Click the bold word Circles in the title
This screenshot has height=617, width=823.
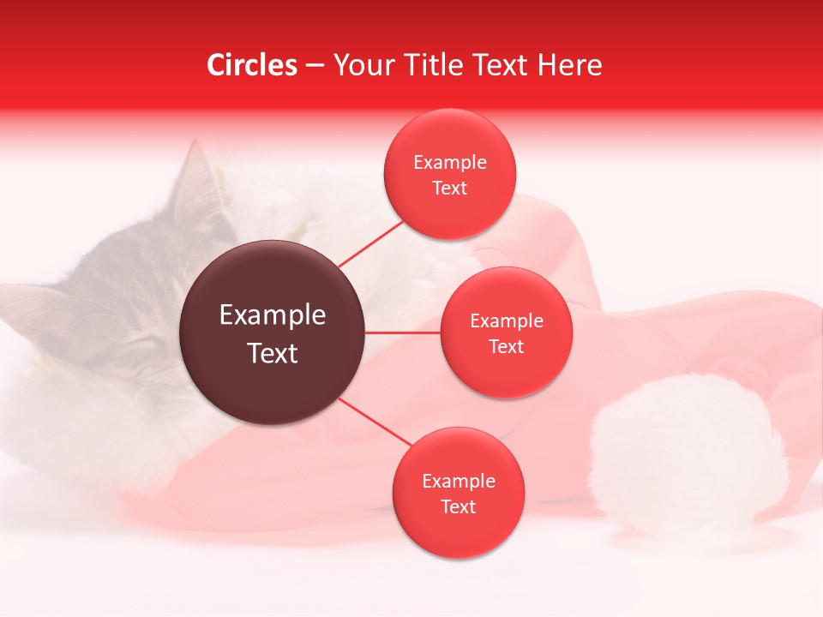coord(252,65)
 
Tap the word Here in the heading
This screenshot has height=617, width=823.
coord(569,65)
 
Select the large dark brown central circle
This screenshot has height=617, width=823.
coord(273,332)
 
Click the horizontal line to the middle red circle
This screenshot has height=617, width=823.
coord(403,332)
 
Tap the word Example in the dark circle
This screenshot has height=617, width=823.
coord(273,315)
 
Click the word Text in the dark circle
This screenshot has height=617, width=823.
coord(273,353)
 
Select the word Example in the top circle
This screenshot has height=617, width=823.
coord(450,163)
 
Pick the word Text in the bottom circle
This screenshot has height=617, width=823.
coord(458,507)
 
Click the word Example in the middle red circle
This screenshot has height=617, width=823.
coord(507,321)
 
